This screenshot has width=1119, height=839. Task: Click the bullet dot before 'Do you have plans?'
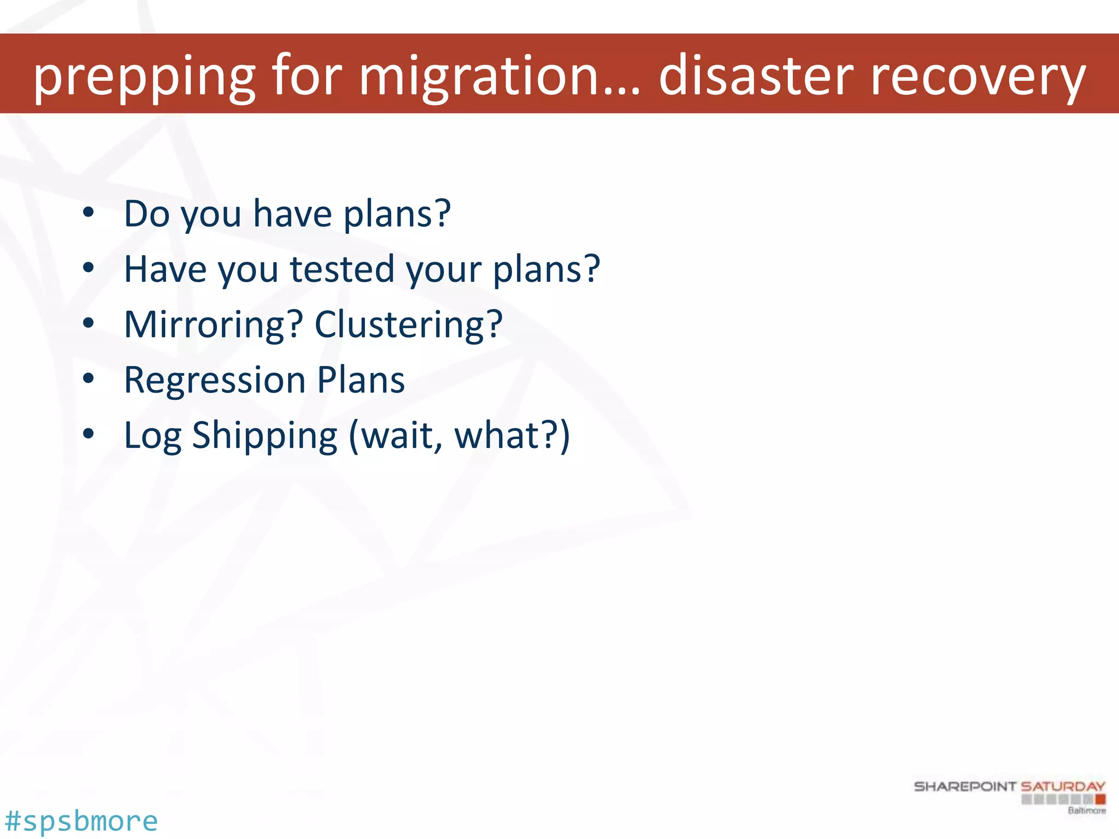(x=88, y=212)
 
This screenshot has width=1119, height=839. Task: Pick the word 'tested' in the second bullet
(x=342, y=269)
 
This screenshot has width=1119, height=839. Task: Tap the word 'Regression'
(x=215, y=380)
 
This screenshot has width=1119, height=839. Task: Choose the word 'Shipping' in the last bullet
(x=265, y=436)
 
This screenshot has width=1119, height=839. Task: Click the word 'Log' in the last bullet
(x=152, y=436)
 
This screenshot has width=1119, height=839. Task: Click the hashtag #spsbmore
(x=81, y=821)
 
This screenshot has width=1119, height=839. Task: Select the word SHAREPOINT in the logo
(x=965, y=787)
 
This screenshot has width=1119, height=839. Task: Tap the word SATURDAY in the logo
(x=1063, y=787)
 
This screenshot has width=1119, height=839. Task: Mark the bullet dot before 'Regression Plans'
(x=88, y=379)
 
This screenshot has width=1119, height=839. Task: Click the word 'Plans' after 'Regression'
(x=361, y=380)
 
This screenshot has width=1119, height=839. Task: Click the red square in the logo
(x=1100, y=799)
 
